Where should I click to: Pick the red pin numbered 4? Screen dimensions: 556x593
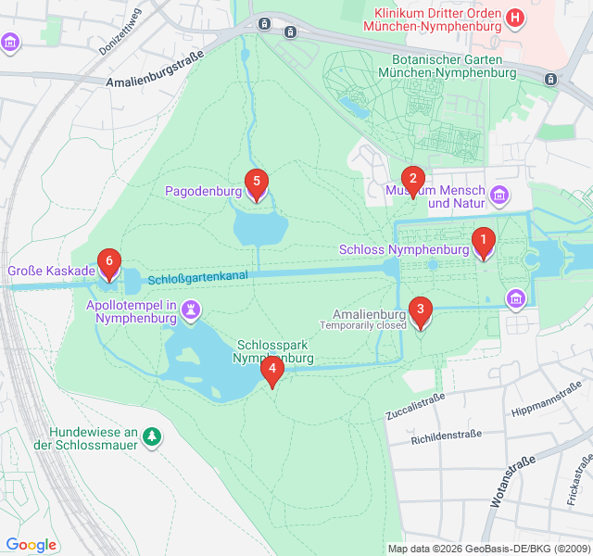tap(271, 371)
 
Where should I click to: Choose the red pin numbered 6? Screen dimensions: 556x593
tap(109, 263)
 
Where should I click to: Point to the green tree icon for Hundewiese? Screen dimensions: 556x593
tap(152, 435)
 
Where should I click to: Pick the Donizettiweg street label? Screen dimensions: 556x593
tap(120, 32)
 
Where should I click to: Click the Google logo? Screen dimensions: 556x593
tap(31, 545)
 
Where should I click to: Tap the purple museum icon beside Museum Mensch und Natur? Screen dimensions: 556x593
tap(500, 195)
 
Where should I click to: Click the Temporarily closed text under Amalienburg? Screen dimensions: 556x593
tap(363, 325)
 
